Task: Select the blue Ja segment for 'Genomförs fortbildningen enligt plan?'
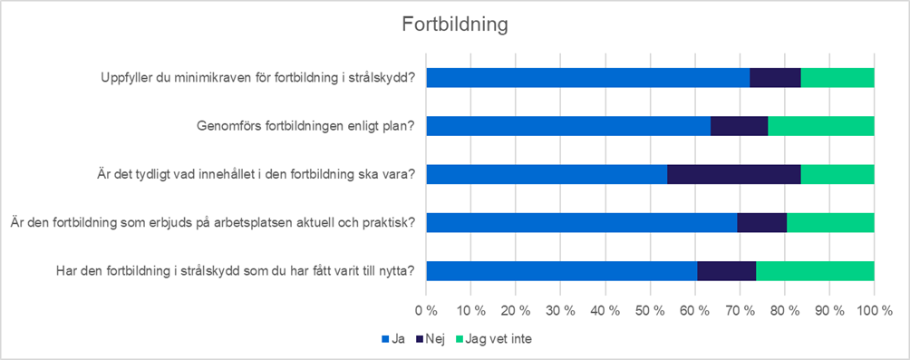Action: pos(567,125)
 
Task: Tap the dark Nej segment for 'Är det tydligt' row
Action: pos(733,174)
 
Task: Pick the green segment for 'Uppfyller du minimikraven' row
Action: pos(837,77)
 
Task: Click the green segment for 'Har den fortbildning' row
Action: pos(814,270)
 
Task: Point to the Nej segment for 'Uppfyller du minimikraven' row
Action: pos(775,77)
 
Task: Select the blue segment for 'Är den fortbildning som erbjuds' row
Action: pos(581,222)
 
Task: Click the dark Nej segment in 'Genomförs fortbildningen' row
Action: pos(739,125)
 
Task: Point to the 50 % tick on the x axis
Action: pos(650,309)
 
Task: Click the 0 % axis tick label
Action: pos(426,309)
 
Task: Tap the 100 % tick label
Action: pos(873,309)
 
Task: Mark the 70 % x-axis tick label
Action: pos(740,309)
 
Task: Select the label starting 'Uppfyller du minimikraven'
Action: pos(258,77)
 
